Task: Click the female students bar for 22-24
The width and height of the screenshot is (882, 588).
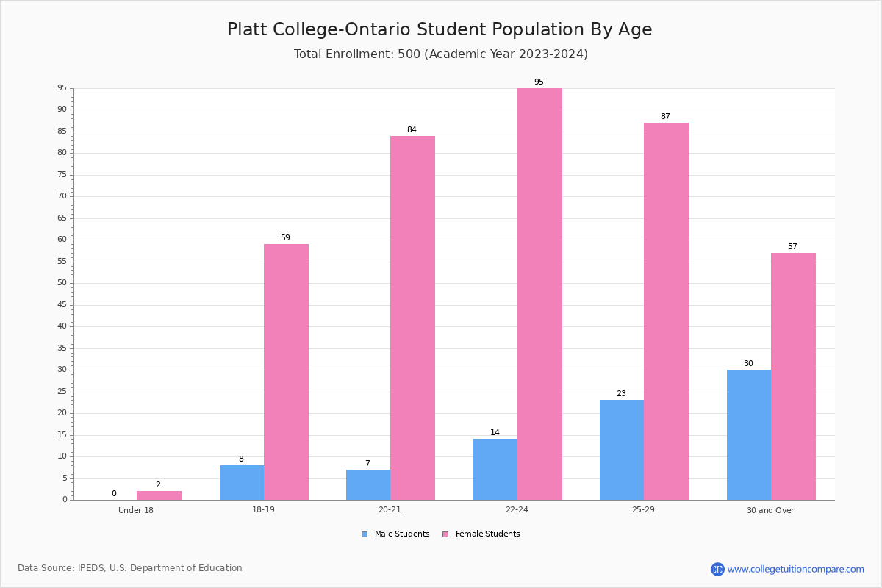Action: pyautogui.click(x=539, y=294)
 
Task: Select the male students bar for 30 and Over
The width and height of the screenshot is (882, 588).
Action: pyautogui.click(x=749, y=435)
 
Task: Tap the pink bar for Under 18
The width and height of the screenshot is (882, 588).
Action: pyautogui.click(x=159, y=495)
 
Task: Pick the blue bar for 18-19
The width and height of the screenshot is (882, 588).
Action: pyautogui.click(x=242, y=483)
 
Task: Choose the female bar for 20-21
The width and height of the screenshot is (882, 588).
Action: pyautogui.click(x=412, y=318)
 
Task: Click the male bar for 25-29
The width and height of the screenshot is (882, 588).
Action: pyautogui.click(x=622, y=450)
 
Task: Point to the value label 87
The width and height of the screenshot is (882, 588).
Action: pyautogui.click(x=665, y=117)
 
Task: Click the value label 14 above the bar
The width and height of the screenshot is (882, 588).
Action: pyautogui.click(x=495, y=432)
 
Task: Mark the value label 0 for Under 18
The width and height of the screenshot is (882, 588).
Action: pyautogui.click(x=114, y=493)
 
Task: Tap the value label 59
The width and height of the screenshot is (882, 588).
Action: pyautogui.click(x=285, y=238)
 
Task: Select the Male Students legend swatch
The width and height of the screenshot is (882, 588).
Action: pyautogui.click(x=365, y=534)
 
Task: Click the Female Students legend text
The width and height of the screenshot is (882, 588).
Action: pyautogui.click(x=487, y=534)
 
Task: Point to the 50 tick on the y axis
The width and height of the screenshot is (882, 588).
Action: pyautogui.click(x=62, y=283)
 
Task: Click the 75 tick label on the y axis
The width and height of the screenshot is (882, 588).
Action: pyautogui.click(x=62, y=174)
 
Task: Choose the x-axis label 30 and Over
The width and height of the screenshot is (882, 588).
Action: pyautogui.click(x=770, y=510)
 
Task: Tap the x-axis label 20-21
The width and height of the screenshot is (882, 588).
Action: pyautogui.click(x=390, y=509)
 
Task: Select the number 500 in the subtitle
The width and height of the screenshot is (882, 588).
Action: pyautogui.click(x=409, y=54)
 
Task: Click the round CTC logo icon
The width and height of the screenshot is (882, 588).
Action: pyautogui.click(x=717, y=569)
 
